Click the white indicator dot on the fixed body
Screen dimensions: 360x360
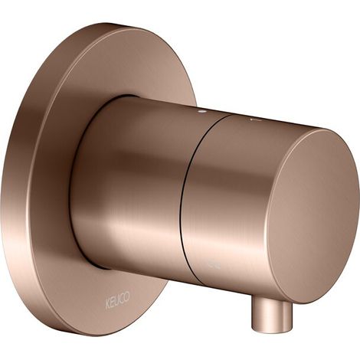[x=203, y=111]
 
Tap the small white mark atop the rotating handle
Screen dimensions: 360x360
[x=255, y=119]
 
